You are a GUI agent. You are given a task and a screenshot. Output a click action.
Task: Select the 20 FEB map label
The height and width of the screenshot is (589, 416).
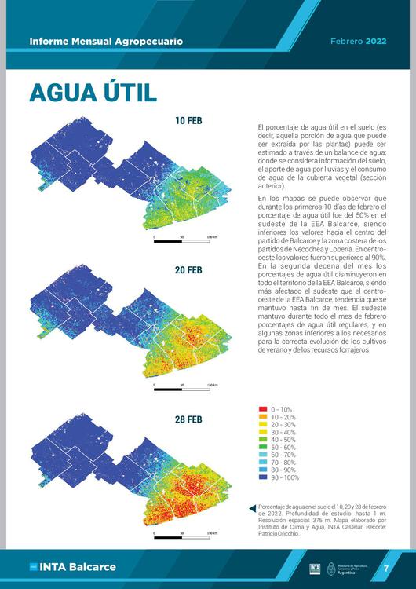tap(188, 270)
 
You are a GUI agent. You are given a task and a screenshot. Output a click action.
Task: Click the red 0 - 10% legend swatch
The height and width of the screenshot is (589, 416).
tap(263, 409)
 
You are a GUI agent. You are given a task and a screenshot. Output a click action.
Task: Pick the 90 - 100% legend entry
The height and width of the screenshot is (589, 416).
tap(285, 477)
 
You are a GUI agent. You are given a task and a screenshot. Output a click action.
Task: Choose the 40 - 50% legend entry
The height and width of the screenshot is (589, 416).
tap(283, 440)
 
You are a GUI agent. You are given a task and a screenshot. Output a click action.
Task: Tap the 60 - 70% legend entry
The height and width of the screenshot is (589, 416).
tap(283, 455)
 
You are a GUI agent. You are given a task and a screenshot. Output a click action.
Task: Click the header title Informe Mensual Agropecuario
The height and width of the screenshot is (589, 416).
tap(106, 40)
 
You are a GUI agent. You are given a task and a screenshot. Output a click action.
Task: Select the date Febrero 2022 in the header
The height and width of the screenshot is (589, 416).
tap(358, 40)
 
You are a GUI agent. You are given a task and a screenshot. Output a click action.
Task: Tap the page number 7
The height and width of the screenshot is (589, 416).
tap(385, 568)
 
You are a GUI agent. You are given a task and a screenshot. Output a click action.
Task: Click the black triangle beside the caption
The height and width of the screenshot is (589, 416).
tap(251, 508)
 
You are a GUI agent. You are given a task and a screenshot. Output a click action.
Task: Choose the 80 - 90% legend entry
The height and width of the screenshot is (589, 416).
tap(283, 470)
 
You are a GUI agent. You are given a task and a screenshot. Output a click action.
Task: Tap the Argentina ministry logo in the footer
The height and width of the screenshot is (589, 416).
tap(345, 568)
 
